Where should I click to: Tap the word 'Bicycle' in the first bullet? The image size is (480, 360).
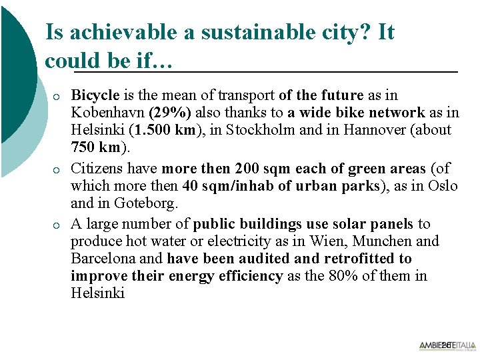pyautogui.click(x=95, y=95)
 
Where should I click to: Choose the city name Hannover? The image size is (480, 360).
pyautogui.click(x=374, y=130)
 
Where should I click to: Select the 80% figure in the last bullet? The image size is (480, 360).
pyautogui.click(x=340, y=276)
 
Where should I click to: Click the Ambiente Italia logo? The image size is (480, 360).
pyautogui.click(x=447, y=345)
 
